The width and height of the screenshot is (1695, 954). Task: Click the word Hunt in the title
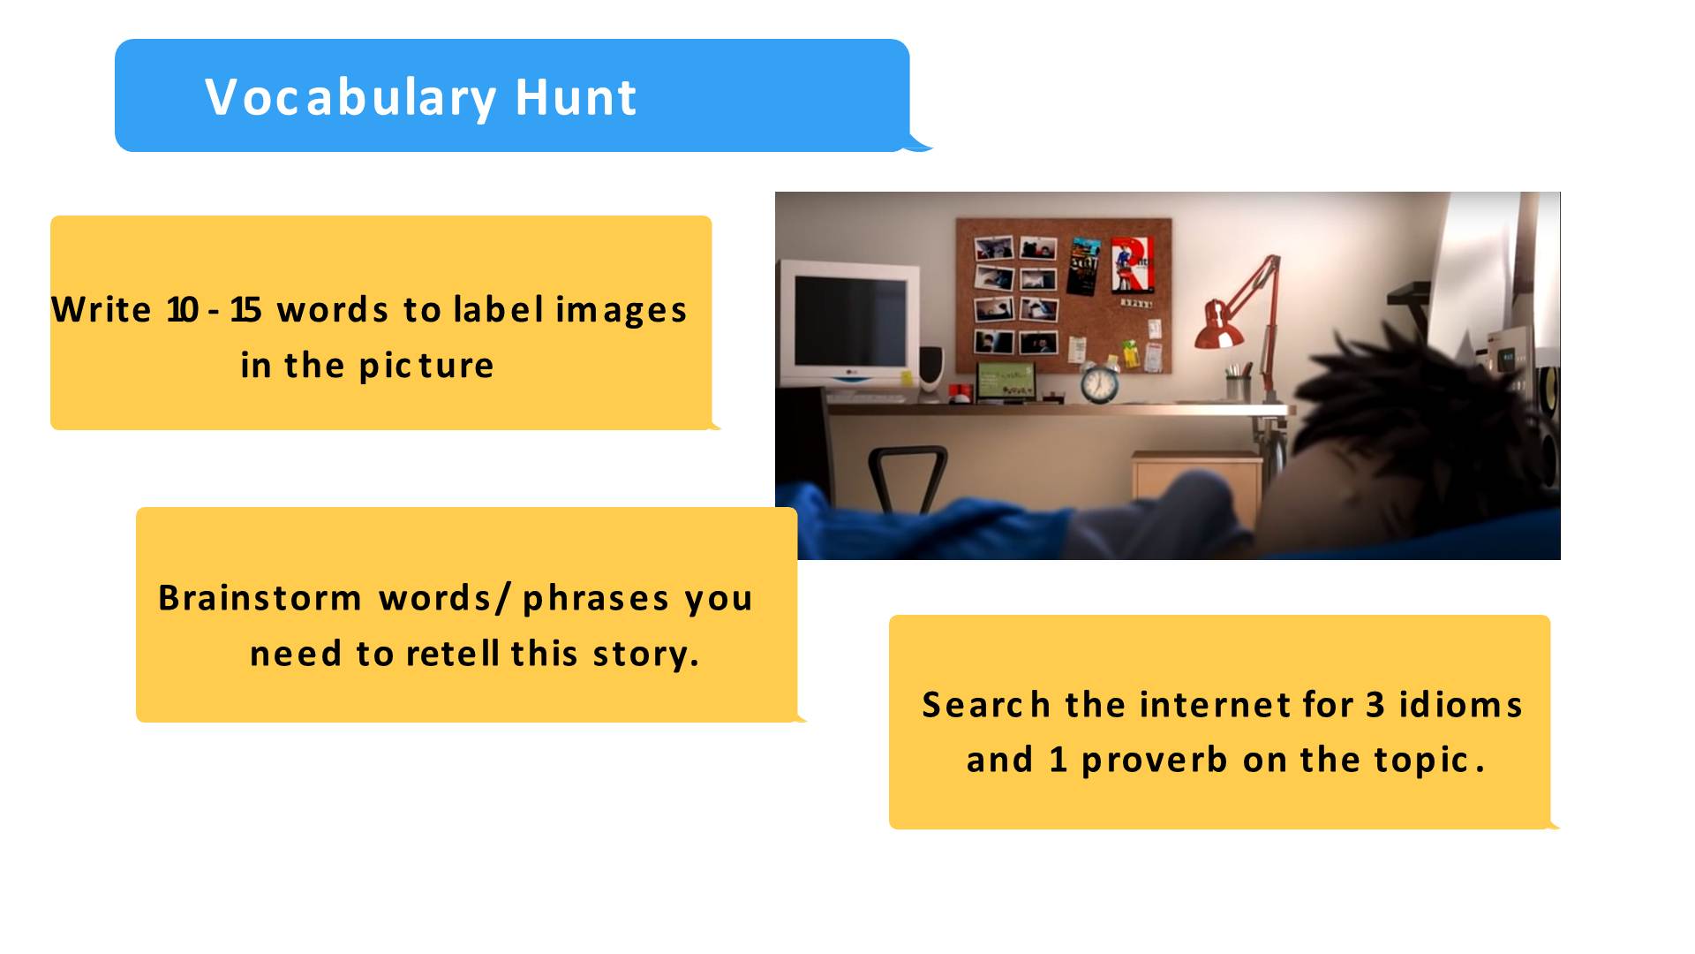point(576,97)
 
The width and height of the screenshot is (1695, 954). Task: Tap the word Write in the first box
point(102,309)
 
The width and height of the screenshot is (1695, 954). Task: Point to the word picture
point(426,366)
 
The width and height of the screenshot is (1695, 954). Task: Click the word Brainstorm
point(260,597)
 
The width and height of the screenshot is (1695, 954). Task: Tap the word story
point(646,655)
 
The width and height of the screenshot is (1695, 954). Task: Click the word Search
point(986,705)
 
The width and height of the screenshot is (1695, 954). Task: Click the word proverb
point(1155,760)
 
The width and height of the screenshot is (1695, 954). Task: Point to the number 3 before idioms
point(1375,705)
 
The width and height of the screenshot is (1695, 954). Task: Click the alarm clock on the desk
point(1099,382)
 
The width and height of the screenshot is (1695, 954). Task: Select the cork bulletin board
point(1064,295)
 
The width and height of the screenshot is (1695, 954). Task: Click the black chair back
point(908,478)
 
